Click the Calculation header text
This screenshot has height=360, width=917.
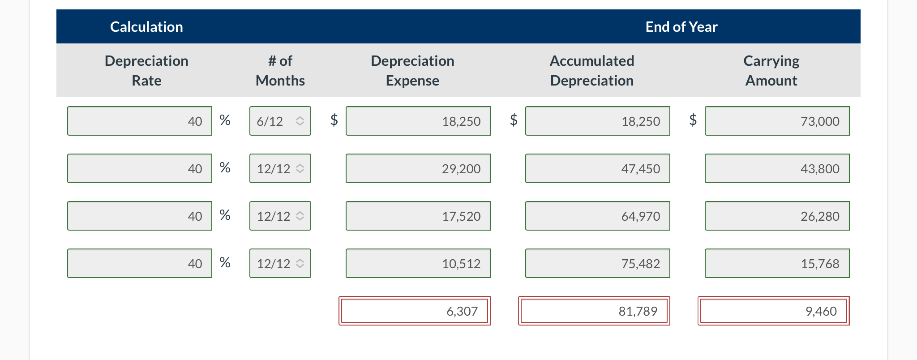click(x=146, y=27)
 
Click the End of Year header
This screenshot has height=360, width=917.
click(x=681, y=27)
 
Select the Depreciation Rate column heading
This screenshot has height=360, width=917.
click(x=146, y=70)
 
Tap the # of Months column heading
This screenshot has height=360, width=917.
click(x=280, y=70)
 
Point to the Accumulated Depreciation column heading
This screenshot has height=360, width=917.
click(x=591, y=70)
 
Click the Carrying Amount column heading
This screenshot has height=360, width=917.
click(x=771, y=70)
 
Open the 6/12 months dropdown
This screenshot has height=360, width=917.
click(x=280, y=121)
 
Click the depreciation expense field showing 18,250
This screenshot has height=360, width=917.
click(x=418, y=121)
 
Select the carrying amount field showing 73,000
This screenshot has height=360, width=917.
click(x=777, y=121)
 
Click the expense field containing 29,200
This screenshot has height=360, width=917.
click(x=418, y=168)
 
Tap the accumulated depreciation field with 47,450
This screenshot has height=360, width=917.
click(x=597, y=168)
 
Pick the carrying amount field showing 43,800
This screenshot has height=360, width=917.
click(x=777, y=168)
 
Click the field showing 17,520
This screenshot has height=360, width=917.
click(x=418, y=216)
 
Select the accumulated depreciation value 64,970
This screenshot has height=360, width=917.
click(x=597, y=216)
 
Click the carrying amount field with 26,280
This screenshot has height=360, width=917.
click(x=777, y=216)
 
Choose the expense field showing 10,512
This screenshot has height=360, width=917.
click(x=418, y=263)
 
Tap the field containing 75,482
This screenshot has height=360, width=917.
click(x=597, y=263)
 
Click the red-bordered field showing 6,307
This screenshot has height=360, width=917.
click(x=414, y=311)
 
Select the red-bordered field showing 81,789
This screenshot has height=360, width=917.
click(x=594, y=311)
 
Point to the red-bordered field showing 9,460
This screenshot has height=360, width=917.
click(x=773, y=311)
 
